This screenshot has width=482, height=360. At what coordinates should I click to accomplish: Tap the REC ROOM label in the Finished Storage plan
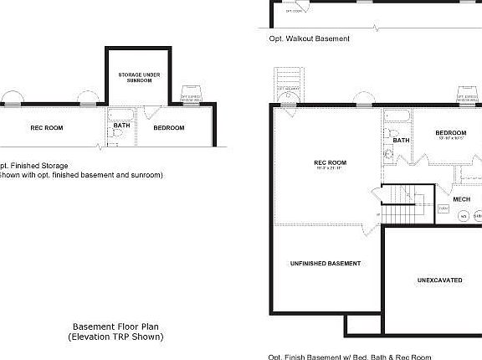coord(47,127)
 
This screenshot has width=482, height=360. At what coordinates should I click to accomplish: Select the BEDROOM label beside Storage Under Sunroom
coord(168,127)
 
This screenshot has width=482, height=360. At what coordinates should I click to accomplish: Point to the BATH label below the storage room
coord(122,125)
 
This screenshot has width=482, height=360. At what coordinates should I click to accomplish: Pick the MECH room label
coord(461,198)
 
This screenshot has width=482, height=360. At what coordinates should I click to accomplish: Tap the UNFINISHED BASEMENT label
coord(326,263)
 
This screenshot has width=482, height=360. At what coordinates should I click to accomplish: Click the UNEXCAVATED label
coord(439,280)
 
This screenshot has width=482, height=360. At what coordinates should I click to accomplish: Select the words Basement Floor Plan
coord(115,327)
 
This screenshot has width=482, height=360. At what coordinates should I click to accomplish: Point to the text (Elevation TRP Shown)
coord(115,337)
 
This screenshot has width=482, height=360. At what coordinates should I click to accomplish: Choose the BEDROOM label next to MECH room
coord(450,133)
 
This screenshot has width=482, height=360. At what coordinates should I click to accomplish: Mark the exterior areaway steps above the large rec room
coord(287,86)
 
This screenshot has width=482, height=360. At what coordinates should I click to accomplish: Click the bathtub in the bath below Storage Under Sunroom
coord(117,113)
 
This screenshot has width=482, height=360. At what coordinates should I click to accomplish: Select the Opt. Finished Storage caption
coord(34,166)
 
